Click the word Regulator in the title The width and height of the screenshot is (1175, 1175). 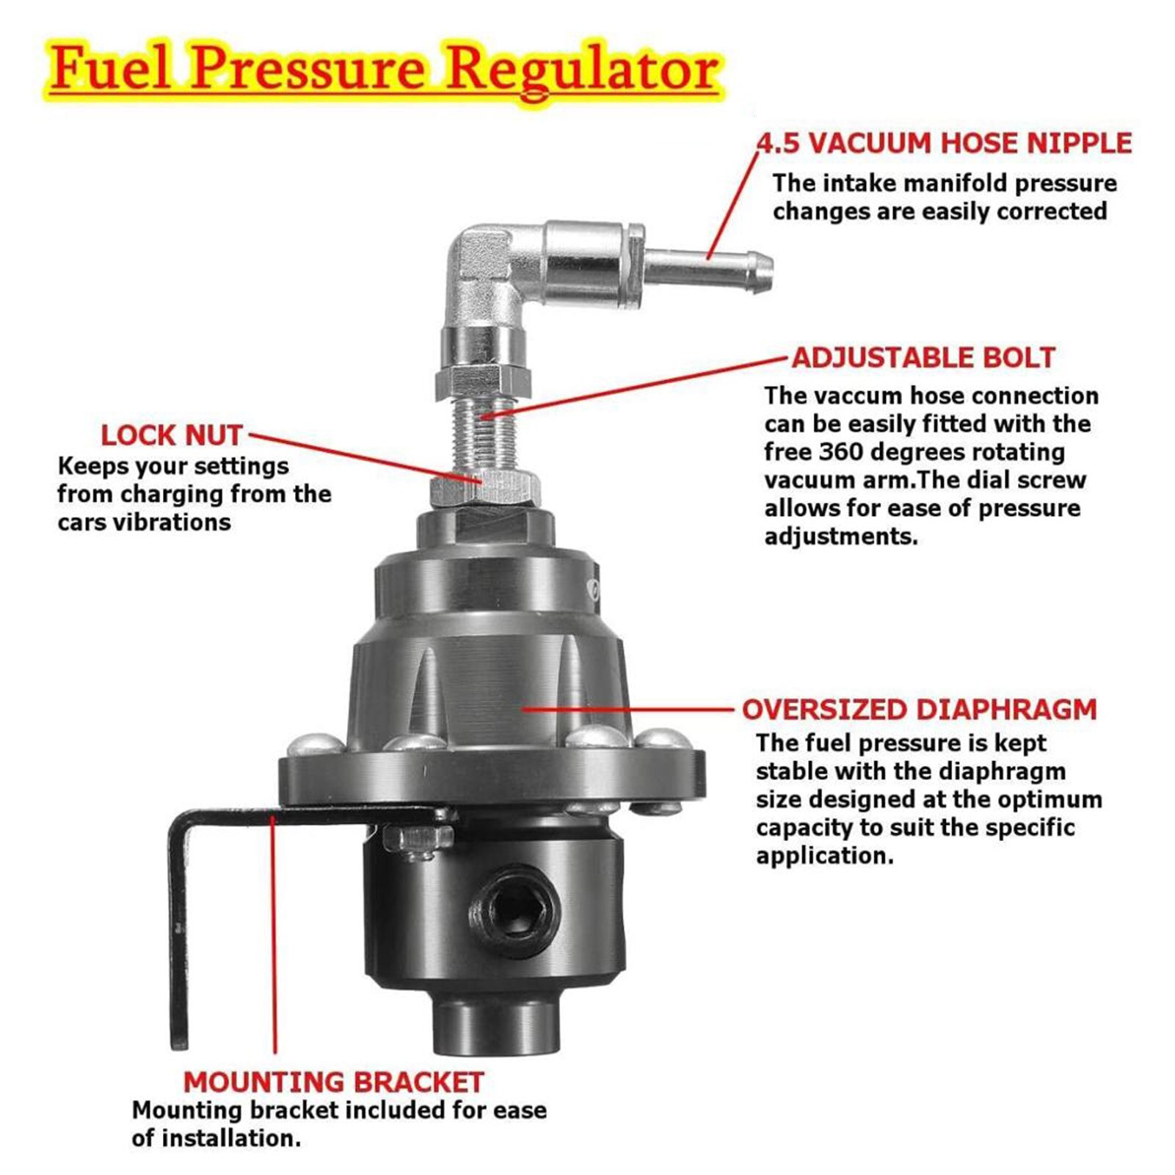click(x=583, y=70)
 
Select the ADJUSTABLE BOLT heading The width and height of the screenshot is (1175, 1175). click(x=923, y=357)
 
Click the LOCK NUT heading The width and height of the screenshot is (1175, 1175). click(x=171, y=435)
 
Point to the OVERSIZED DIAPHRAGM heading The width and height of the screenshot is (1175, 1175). click(x=919, y=710)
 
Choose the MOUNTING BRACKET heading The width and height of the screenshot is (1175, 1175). click(x=333, y=1083)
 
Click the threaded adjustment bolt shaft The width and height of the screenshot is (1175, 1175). click(x=482, y=433)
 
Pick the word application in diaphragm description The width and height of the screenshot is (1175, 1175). click(x=824, y=856)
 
